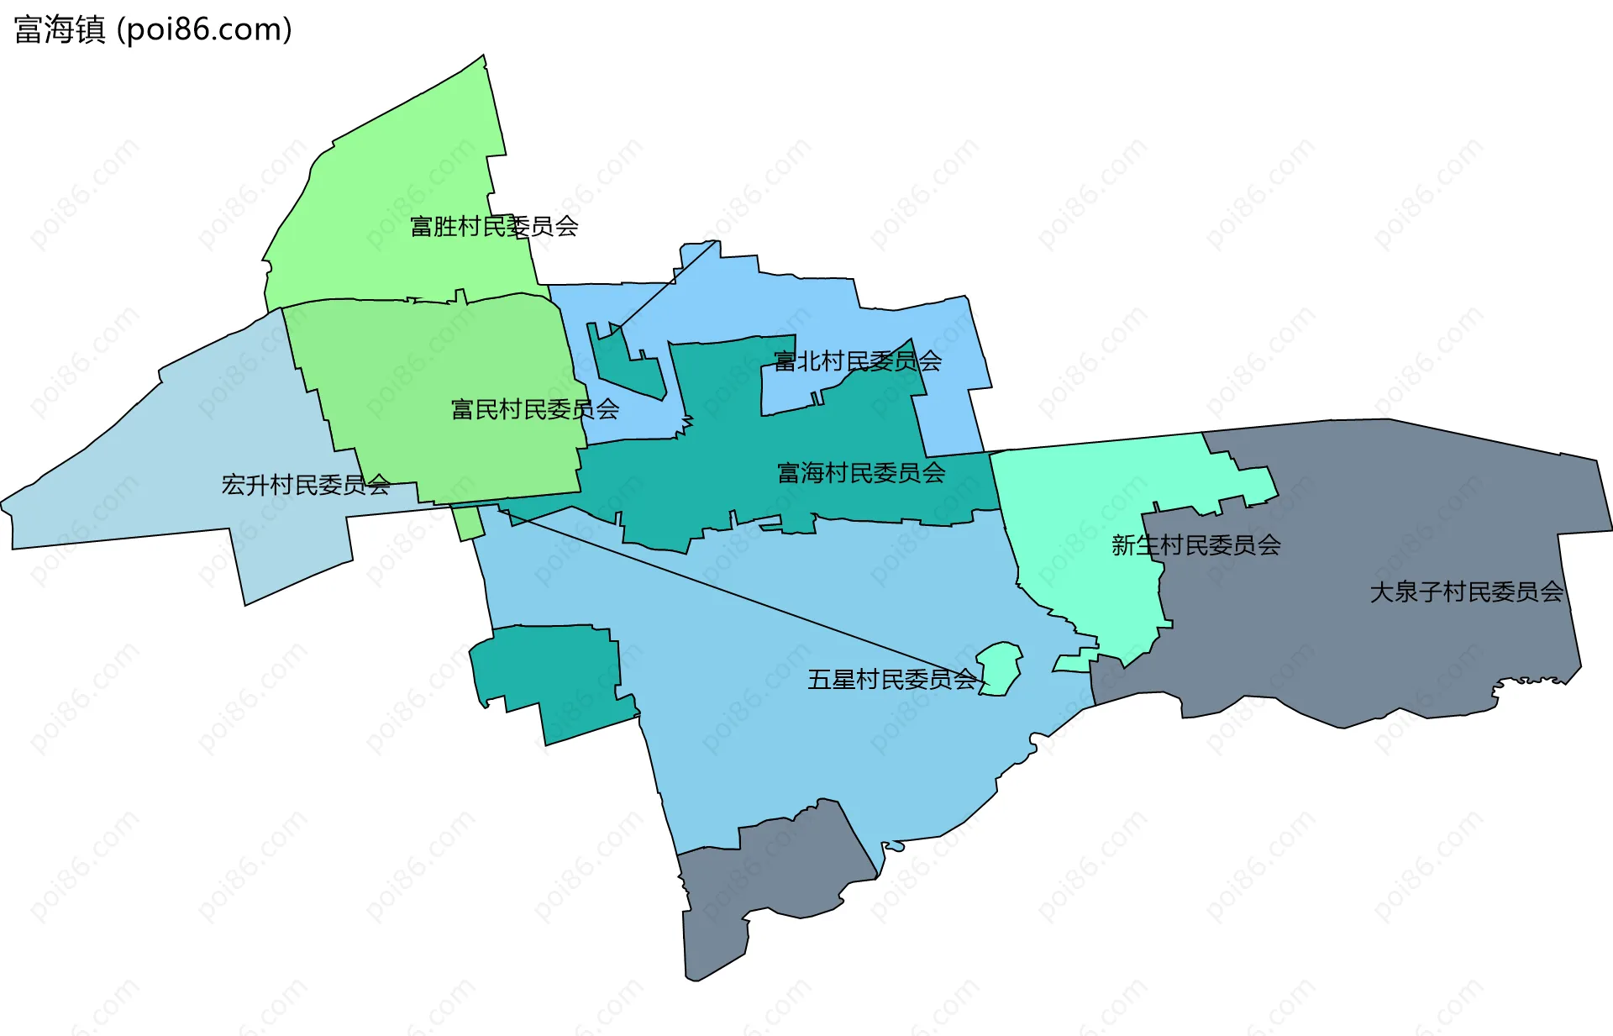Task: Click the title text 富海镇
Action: coord(60,30)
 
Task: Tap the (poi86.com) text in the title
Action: coord(204,30)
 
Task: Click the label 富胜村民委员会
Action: coord(494,226)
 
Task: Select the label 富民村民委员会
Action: coord(535,409)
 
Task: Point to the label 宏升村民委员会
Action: coord(306,485)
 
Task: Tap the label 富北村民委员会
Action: coord(857,361)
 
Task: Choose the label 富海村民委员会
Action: coord(861,473)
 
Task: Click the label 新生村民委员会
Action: coord(1195,545)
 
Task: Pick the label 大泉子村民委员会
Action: coord(1466,592)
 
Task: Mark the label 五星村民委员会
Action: coord(892,679)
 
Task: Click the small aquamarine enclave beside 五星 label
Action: coord(1001,668)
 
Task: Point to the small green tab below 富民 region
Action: coord(469,523)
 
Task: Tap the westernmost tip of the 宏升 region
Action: coord(3,506)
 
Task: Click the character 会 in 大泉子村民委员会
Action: coord(1553,592)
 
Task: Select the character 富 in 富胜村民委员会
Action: coord(421,226)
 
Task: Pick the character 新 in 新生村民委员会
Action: coord(1123,545)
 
